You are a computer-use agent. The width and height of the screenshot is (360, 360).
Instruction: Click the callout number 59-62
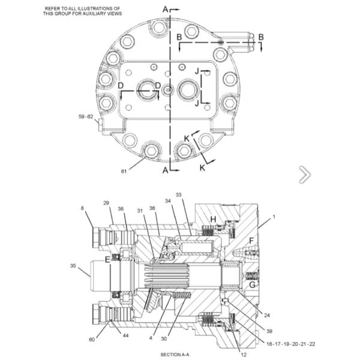86,116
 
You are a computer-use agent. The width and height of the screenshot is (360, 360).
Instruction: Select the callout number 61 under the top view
124,171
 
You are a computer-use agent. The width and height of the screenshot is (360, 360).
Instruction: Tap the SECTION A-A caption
175,355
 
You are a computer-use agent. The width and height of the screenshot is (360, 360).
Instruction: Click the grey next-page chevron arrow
305,175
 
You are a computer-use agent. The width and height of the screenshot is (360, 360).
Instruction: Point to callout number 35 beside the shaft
73,266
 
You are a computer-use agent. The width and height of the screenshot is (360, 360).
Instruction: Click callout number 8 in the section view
82,208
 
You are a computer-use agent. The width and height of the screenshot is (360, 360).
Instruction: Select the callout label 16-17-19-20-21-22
290,344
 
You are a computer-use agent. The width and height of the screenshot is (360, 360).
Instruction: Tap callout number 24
267,315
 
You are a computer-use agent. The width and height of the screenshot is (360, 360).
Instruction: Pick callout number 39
269,331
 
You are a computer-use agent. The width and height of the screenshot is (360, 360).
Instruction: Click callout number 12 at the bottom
244,355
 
